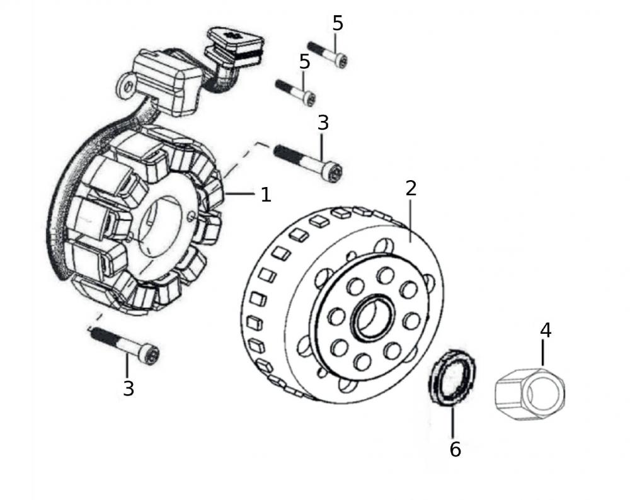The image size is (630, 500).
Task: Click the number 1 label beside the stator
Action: tap(266, 195)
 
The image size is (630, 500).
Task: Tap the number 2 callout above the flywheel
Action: tap(411, 188)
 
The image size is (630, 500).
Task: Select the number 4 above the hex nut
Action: tap(546, 329)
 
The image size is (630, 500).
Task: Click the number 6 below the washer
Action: tap(455, 449)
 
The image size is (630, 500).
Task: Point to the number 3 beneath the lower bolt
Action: tap(129, 388)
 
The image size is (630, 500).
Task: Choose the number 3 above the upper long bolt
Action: tap(323, 122)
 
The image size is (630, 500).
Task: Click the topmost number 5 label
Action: tap(338, 23)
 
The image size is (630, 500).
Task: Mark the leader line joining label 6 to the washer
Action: tap(452, 422)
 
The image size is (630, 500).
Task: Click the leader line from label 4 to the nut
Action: tap(543, 353)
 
